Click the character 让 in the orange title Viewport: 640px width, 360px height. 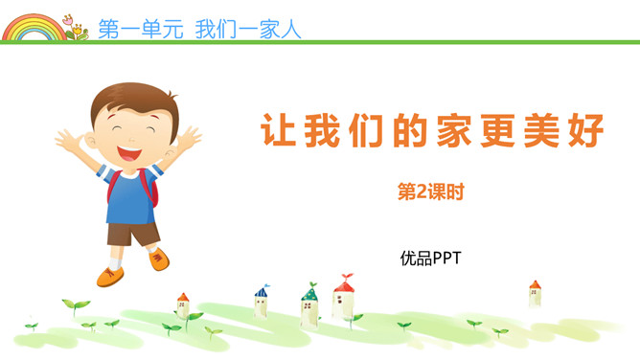278,131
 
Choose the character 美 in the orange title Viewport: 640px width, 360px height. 552,131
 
